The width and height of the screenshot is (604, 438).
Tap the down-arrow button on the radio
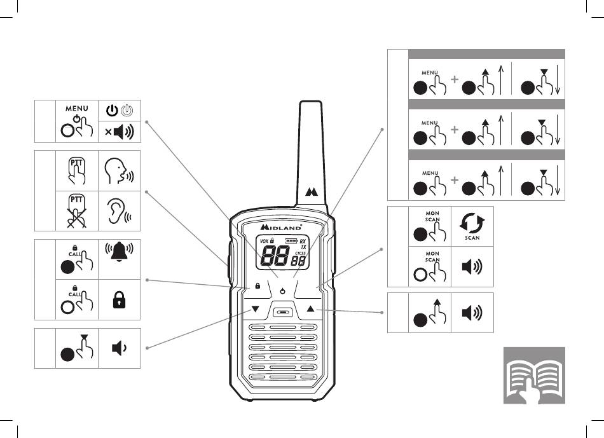click(256, 309)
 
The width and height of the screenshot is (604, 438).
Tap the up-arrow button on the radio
click(310, 309)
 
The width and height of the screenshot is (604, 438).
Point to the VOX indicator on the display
click(264, 241)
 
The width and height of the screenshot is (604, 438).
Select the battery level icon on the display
click(291, 241)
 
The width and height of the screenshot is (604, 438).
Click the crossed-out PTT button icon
click(77, 209)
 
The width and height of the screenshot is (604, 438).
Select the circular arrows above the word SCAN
click(472, 224)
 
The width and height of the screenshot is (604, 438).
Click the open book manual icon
click(534, 376)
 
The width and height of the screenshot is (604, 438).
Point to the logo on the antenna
click(312, 191)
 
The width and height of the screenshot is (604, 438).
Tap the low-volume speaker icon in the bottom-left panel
click(119, 349)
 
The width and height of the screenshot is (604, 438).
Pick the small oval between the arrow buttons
click(283, 311)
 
